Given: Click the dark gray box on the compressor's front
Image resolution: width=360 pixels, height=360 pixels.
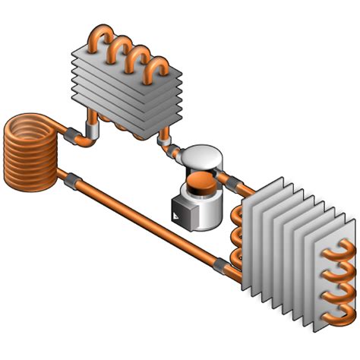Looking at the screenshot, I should tap(180, 210).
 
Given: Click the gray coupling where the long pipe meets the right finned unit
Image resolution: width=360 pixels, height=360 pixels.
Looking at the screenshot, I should tap(220, 266).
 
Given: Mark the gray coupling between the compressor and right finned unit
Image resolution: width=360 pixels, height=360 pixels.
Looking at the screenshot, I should tap(230, 178).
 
